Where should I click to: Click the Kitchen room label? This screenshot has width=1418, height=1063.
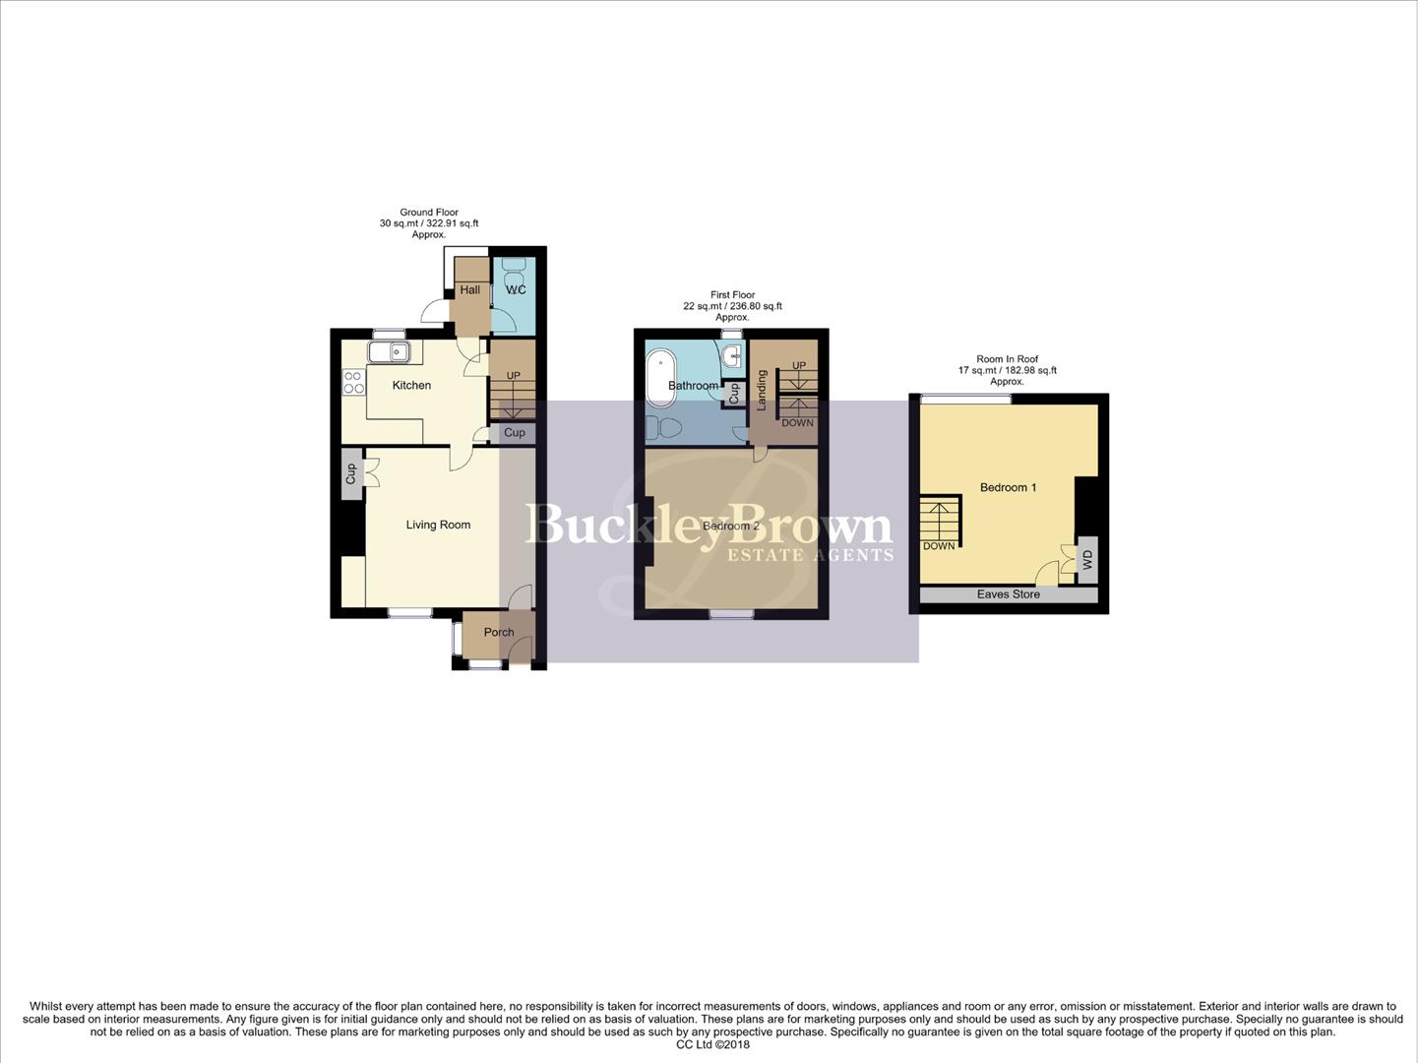(411, 385)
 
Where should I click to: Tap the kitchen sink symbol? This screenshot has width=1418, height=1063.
(390, 351)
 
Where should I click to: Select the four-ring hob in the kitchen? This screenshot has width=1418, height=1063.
(353, 382)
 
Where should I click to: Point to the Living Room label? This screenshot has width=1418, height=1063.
(438, 525)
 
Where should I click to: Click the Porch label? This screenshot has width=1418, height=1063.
(498, 632)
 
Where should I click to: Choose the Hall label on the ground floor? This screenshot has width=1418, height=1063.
(469, 289)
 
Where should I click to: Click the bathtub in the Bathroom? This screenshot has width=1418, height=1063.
(655, 381)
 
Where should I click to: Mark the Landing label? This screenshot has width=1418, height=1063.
(762, 390)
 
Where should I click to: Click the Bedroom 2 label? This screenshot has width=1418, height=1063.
(730, 526)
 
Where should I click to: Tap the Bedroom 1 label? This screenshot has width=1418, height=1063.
(1008, 487)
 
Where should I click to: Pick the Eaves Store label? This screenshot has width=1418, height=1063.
(1008, 594)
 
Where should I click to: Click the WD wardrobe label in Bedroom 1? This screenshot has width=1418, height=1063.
(1087, 560)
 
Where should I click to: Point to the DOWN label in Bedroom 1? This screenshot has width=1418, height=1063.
(938, 545)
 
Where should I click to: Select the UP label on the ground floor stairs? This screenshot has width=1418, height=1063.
(513, 376)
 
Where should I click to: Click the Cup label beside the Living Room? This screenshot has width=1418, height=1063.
(350, 474)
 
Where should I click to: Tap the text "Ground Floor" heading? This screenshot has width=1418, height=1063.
(428, 213)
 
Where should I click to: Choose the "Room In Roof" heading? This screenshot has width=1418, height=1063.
(1007, 359)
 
